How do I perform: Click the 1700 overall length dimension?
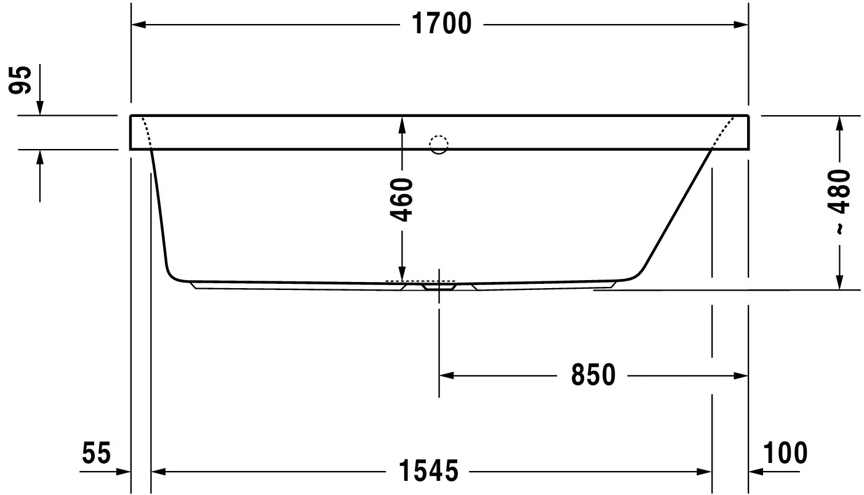point(442,24)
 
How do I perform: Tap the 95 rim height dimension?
point(20,80)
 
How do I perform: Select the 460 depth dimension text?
point(401,200)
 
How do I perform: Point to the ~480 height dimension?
point(839,201)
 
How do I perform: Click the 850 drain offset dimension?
point(593,374)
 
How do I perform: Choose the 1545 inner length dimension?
point(428,471)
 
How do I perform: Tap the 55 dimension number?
point(97,453)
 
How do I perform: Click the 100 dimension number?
point(785,453)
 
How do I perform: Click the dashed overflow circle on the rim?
point(439,145)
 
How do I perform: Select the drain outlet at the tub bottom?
point(439,287)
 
